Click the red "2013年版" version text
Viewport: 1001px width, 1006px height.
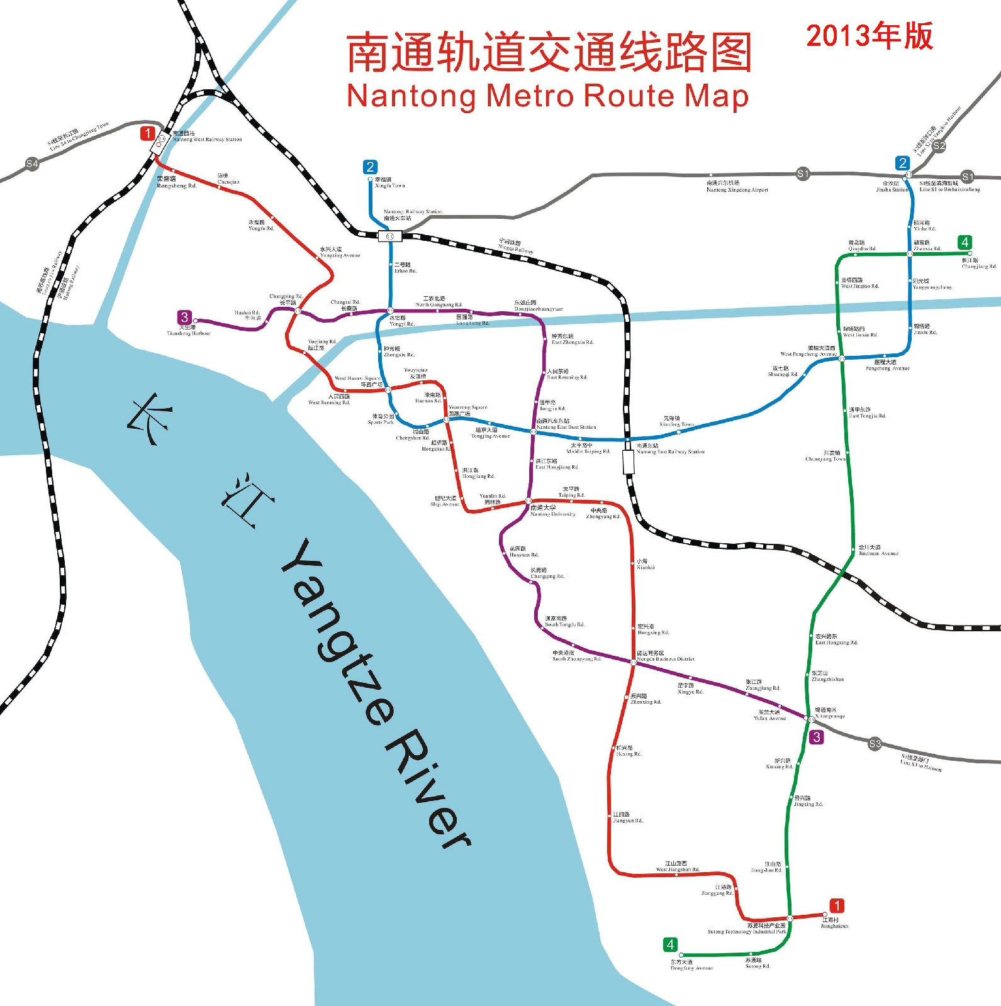870,36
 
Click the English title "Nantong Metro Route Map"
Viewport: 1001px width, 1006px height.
547,96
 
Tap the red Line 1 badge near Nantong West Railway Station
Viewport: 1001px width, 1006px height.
147,133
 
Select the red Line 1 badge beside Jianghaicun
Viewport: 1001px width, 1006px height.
836,905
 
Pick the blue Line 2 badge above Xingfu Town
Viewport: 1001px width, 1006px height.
370,167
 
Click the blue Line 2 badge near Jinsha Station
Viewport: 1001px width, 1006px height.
902,163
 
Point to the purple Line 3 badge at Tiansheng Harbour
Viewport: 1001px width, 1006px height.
184,318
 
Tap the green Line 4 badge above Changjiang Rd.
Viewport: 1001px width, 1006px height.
965,242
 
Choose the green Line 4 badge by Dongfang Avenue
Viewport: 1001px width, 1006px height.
670,944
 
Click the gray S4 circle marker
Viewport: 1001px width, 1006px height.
31,164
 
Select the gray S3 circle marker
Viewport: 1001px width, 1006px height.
875,744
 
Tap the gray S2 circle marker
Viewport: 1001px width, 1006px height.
939,146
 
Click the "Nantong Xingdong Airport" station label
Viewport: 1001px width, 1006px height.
737,189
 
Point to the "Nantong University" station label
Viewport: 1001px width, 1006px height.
552,514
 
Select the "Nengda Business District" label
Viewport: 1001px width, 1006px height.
666,659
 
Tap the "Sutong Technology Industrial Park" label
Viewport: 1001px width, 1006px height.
747,932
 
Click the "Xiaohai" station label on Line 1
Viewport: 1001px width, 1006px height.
646,567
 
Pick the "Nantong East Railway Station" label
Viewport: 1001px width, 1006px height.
670,451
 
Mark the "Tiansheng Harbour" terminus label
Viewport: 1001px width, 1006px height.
189,333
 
